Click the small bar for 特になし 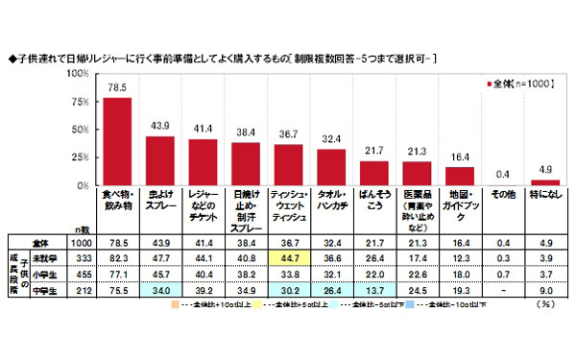[x=545, y=182]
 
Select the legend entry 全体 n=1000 [x=517, y=85]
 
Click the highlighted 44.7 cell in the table [x=286, y=257]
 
